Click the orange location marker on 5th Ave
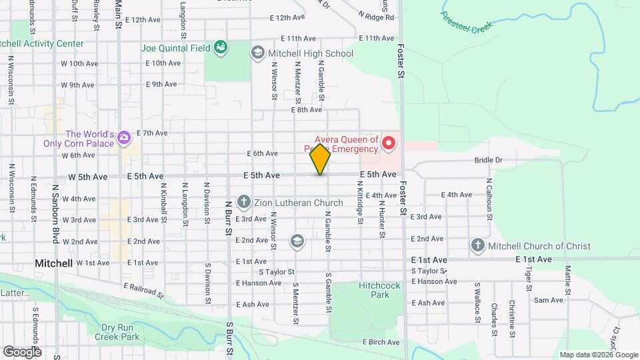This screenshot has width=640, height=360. (321, 159)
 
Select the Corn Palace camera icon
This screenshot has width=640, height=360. (123, 138)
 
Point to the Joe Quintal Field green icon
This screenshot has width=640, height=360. (220, 47)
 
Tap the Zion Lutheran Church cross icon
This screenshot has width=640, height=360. (244, 202)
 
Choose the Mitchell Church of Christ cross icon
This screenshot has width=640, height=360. (477, 245)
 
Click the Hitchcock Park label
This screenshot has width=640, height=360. (379, 290)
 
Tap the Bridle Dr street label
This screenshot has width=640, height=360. (488, 160)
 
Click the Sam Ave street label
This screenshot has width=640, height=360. (548, 300)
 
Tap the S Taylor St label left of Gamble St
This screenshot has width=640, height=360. (277, 272)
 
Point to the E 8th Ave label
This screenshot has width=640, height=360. (307, 109)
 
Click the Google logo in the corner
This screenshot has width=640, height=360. (22, 351)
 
